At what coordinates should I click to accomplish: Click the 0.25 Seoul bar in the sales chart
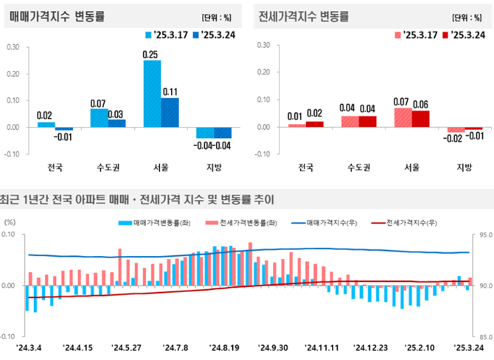pos(152,93)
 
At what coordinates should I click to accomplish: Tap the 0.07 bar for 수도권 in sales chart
pos(100,117)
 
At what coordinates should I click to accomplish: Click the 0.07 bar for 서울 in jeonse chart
pos(403,117)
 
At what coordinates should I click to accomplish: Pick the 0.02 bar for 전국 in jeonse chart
pos(315,123)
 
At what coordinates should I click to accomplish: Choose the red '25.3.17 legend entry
pos(416,34)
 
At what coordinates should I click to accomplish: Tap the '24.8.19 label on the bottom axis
pos(226,348)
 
